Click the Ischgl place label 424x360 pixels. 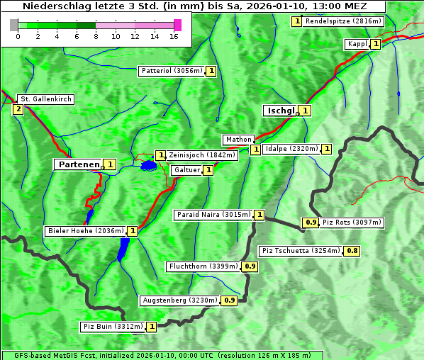pyautogui.click(x=279, y=111)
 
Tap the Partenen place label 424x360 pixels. pyautogui.click(x=78, y=164)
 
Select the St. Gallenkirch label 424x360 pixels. pyautogui.click(x=45, y=99)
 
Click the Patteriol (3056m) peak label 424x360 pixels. pyautogui.click(x=172, y=71)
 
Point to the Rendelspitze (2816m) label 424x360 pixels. pyautogui.click(x=343, y=21)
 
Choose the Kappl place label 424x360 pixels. pyautogui.click(x=357, y=44)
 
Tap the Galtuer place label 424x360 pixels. pyautogui.click(x=186, y=170)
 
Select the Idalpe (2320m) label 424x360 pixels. pyautogui.click(x=291, y=149)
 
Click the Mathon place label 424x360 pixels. pyautogui.click(x=238, y=140)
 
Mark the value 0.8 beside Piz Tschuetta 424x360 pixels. pyautogui.click(x=352, y=251)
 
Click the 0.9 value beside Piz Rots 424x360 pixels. pyautogui.click(x=311, y=223)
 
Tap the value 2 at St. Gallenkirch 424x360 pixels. pyautogui.click(x=18, y=109)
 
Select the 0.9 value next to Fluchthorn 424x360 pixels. pyautogui.click(x=250, y=266)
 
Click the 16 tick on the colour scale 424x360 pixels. pyautogui.click(x=174, y=35)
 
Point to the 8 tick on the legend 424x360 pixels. pyautogui.click(x=96, y=35)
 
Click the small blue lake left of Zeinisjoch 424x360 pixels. pyautogui.click(x=148, y=166)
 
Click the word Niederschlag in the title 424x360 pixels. pyautogui.click(x=56, y=6)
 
